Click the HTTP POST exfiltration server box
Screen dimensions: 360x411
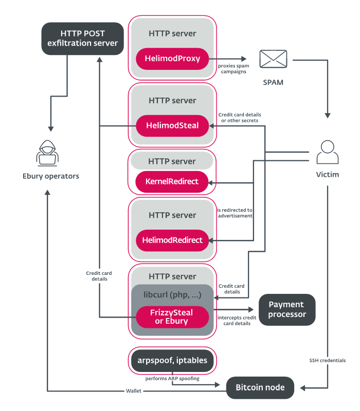(82, 39)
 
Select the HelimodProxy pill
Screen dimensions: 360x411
(172, 59)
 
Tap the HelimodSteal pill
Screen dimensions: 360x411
(172, 126)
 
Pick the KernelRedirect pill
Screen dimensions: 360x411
(172, 182)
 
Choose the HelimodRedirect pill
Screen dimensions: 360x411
(172, 240)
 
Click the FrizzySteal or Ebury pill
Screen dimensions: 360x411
(172, 317)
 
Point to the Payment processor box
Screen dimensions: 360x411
(287, 310)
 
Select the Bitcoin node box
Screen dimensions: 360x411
(260, 388)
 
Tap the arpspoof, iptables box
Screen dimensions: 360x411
(172, 361)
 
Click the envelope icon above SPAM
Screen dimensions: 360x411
(273, 59)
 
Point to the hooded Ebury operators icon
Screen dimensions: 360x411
(47, 153)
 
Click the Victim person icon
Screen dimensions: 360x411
(328, 152)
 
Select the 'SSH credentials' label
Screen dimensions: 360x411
(328, 361)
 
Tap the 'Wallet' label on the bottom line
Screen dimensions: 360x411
(134, 391)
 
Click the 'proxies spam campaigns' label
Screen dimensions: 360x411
(233, 69)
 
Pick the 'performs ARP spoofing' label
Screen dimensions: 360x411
(172, 379)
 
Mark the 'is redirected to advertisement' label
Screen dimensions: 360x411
(235, 213)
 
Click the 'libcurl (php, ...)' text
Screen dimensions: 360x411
(172, 295)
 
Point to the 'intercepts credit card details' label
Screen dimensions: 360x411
(237, 321)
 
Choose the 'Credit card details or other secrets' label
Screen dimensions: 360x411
(240, 118)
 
